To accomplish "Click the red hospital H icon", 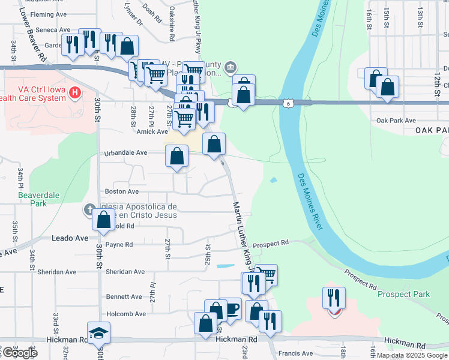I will (x=74, y=92).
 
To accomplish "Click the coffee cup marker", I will (x=231, y=308).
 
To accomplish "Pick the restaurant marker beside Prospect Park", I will (x=334, y=298).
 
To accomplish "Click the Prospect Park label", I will (x=403, y=294).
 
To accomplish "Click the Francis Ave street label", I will (x=300, y=354).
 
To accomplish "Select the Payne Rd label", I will (x=119, y=245).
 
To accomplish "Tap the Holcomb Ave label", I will (x=126, y=314).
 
